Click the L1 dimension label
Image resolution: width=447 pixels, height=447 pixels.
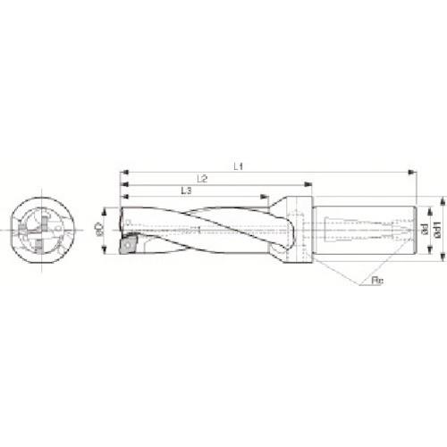pyautogui.click(x=239, y=164)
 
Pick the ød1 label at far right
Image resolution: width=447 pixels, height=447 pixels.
pyautogui.click(x=437, y=229)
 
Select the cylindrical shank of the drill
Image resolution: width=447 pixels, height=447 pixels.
pyautogui.click(x=367, y=230)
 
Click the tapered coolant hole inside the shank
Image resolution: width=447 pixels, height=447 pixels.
pyautogui.click(x=375, y=230)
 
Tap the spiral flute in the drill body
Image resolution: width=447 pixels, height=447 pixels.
pyautogui.click(x=206, y=230)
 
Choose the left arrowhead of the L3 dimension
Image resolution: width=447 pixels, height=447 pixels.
pyautogui.click(x=123, y=197)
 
